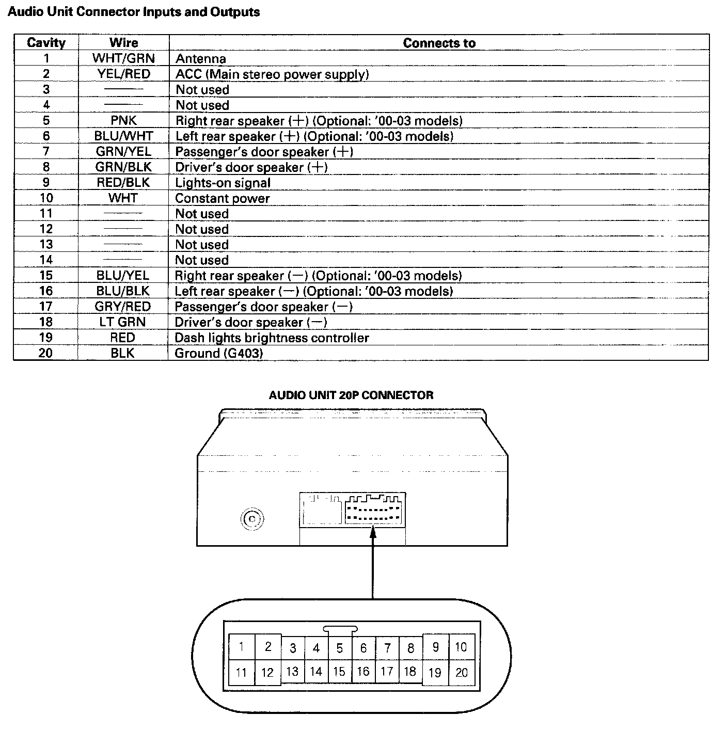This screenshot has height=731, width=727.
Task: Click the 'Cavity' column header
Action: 46,43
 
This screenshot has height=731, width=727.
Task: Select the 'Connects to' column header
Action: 439,43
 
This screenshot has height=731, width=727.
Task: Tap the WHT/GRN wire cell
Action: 123,58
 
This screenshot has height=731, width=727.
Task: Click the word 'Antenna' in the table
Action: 200,59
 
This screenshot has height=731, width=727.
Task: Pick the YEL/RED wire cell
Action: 123,74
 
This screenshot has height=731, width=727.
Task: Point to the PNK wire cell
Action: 123,120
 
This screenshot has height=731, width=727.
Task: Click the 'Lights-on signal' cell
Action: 223,183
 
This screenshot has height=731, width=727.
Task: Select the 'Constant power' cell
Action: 222,198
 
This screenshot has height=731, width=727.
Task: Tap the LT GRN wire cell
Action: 123,322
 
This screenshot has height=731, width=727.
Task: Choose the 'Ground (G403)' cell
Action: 218,353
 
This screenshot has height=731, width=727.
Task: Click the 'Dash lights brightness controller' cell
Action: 272,338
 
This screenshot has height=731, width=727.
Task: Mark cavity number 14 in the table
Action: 46,260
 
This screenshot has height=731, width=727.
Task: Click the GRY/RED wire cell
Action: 123,307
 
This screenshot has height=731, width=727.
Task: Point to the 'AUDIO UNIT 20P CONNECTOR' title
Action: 351,395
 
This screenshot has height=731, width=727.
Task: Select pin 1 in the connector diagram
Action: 241,646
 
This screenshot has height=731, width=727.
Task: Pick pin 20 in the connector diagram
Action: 461,672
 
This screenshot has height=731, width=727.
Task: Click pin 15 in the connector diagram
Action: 339,671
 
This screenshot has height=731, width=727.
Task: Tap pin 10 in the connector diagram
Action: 461,646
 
